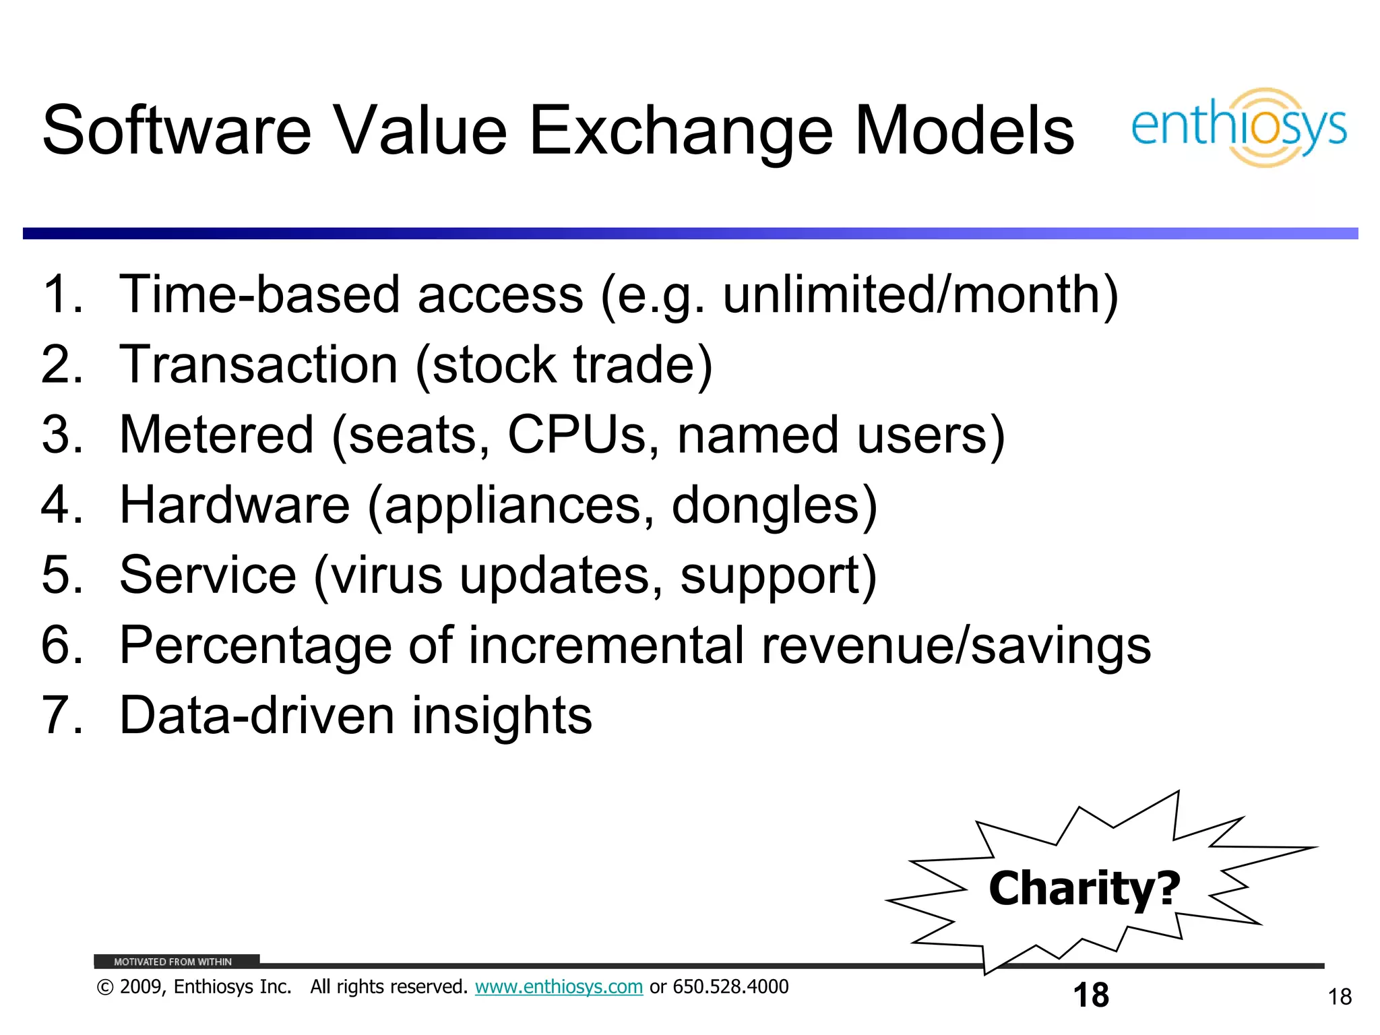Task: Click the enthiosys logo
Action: pos(1238,127)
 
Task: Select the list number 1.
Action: pos(61,294)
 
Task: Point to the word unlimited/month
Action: pos(919,295)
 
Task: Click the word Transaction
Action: pos(258,365)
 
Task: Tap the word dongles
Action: pos(774,505)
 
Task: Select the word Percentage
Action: pos(255,646)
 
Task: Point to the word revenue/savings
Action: pos(956,646)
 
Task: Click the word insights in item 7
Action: pos(501,716)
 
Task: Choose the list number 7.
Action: pos(61,716)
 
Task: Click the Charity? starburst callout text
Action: pos(1084,889)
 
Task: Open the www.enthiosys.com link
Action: pos(559,987)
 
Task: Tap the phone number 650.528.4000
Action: pos(730,987)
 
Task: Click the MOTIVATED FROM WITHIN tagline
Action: pos(172,962)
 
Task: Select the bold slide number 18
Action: pos(1090,995)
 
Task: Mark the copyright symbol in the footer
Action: pos(104,988)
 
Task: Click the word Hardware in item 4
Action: pos(234,505)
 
